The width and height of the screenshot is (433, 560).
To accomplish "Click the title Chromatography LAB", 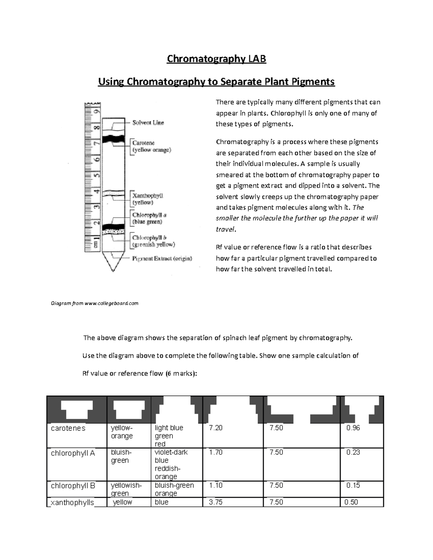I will (x=216, y=59).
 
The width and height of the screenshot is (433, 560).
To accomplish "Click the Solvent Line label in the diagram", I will (x=148, y=123).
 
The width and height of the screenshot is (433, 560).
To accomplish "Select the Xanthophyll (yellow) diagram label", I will (x=148, y=199).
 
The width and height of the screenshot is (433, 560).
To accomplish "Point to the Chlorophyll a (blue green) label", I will (x=149, y=218).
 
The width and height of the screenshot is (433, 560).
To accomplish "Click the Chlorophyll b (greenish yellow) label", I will (x=153, y=241).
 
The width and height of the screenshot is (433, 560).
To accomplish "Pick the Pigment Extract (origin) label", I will (x=162, y=259).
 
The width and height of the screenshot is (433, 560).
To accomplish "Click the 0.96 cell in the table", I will (x=353, y=428).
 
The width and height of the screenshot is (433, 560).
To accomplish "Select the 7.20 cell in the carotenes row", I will (x=216, y=428).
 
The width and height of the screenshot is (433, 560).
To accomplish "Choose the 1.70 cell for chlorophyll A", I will (x=216, y=452).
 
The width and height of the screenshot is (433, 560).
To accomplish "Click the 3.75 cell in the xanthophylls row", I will (x=216, y=502).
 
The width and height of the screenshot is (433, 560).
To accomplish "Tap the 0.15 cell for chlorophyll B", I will (x=353, y=485).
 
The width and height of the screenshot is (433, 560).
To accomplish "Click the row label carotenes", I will (x=68, y=428).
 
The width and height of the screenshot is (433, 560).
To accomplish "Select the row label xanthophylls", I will (x=72, y=502).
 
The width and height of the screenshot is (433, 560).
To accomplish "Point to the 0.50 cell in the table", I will (x=351, y=502).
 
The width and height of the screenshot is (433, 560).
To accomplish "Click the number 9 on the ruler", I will (x=96, y=111).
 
